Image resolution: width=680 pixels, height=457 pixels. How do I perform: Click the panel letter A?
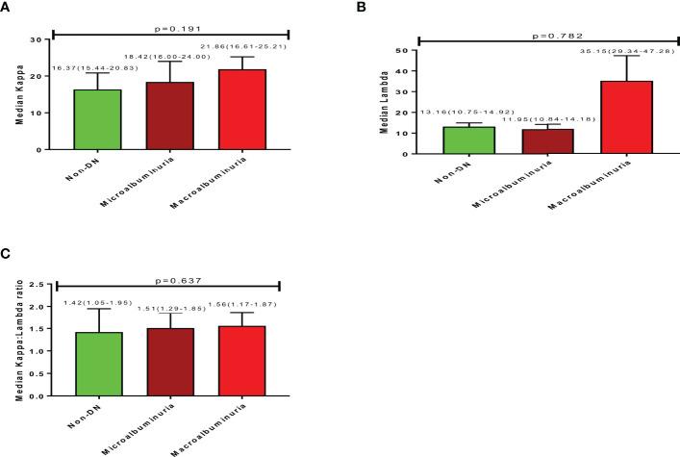pyautogui.click(x=6, y=7)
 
